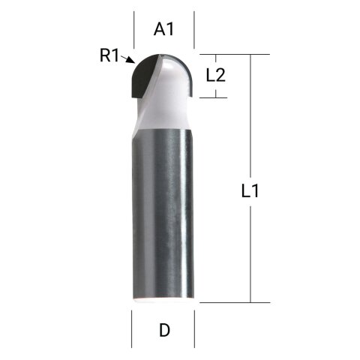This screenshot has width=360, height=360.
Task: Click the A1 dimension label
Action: pos(163,29)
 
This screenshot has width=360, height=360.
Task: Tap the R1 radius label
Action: pos(110,55)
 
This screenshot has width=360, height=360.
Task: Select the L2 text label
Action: pos(216,74)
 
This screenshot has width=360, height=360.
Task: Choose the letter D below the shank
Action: pos(163,330)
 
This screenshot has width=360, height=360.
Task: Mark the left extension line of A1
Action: pos(133,30)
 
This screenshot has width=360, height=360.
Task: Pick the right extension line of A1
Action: pos(194,30)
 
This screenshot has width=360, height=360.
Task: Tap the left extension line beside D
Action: pos(132,327)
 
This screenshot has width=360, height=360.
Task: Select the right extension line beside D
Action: pos(195,327)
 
